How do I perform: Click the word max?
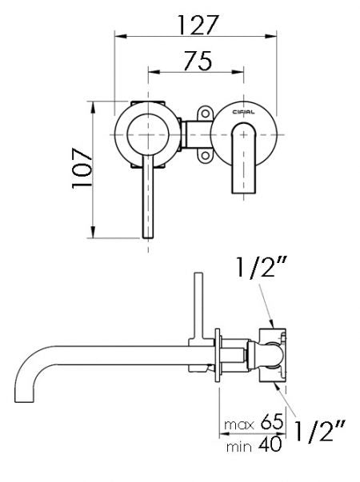[239, 420]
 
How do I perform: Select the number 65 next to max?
[270, 420]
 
